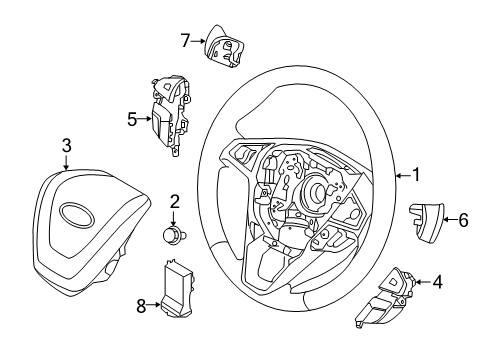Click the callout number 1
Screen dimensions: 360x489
click(416, 176)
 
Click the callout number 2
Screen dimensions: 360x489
click(174, 202)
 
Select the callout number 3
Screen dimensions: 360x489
click(66, 147)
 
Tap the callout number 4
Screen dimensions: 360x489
click(437, 282)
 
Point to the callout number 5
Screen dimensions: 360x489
click(132, 119)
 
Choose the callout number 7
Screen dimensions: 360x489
click(185, 41)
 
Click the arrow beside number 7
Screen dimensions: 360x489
click(198, 41)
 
